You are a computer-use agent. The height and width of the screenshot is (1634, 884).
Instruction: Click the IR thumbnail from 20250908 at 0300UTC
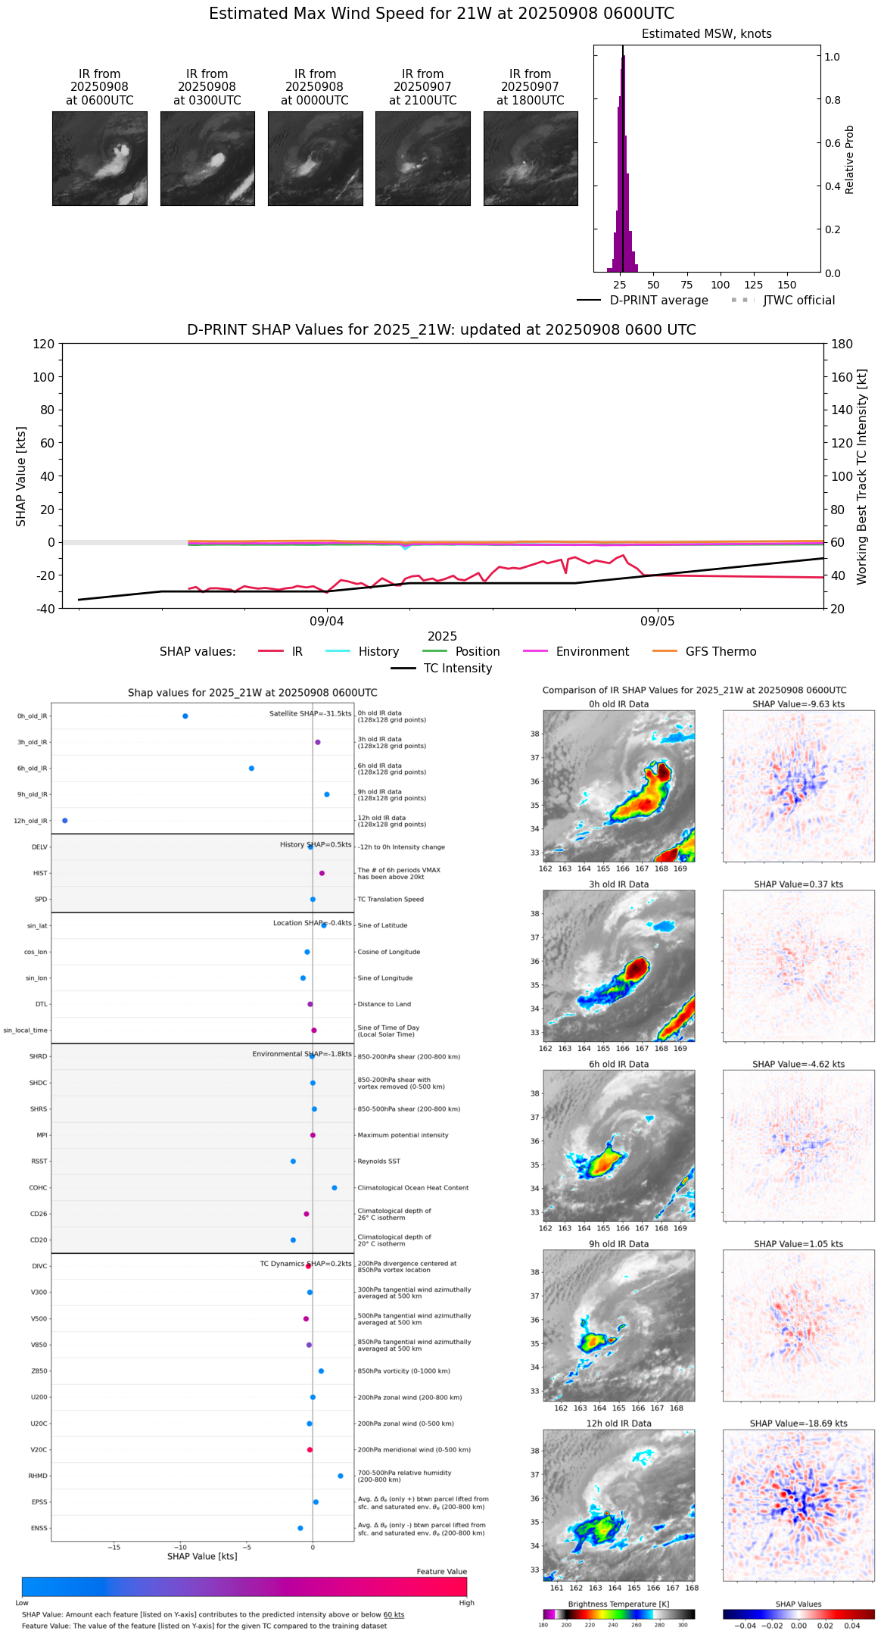[x=207, y=158]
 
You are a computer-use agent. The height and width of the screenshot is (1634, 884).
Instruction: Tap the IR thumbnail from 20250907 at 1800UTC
[x=531, y=158]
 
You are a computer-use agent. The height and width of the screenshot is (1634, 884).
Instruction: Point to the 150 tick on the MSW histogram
[x=787, y=285]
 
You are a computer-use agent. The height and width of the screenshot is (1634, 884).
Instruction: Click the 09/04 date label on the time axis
[x=327, y=622]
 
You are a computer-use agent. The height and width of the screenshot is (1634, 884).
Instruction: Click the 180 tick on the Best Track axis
[x=842, y=345]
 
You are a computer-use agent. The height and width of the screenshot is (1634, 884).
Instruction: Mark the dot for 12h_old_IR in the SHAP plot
[x=65, y=821]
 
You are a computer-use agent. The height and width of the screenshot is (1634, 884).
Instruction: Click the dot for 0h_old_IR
[x=185, y=716]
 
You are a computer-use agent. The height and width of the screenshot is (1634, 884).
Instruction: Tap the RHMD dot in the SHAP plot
[x=341, y=1476]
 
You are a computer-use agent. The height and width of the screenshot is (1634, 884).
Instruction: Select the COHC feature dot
[x=335, y=1188]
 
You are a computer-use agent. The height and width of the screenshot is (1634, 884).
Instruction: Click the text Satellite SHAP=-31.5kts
[x=310, y=714]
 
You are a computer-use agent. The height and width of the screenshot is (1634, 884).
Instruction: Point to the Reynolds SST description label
[x=378, y=1162]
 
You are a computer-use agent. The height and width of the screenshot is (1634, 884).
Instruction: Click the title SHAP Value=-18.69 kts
[x=798, y=1424]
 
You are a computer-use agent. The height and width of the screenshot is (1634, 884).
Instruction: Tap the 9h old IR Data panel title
[x=618, y=1244]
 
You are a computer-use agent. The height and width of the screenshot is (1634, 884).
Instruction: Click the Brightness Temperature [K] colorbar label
[x=618, y=1604]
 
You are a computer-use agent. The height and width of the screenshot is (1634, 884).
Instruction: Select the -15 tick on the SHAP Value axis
[x=114, y=1548]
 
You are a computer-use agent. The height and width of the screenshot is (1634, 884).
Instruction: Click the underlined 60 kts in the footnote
[x=394, y=1615]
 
